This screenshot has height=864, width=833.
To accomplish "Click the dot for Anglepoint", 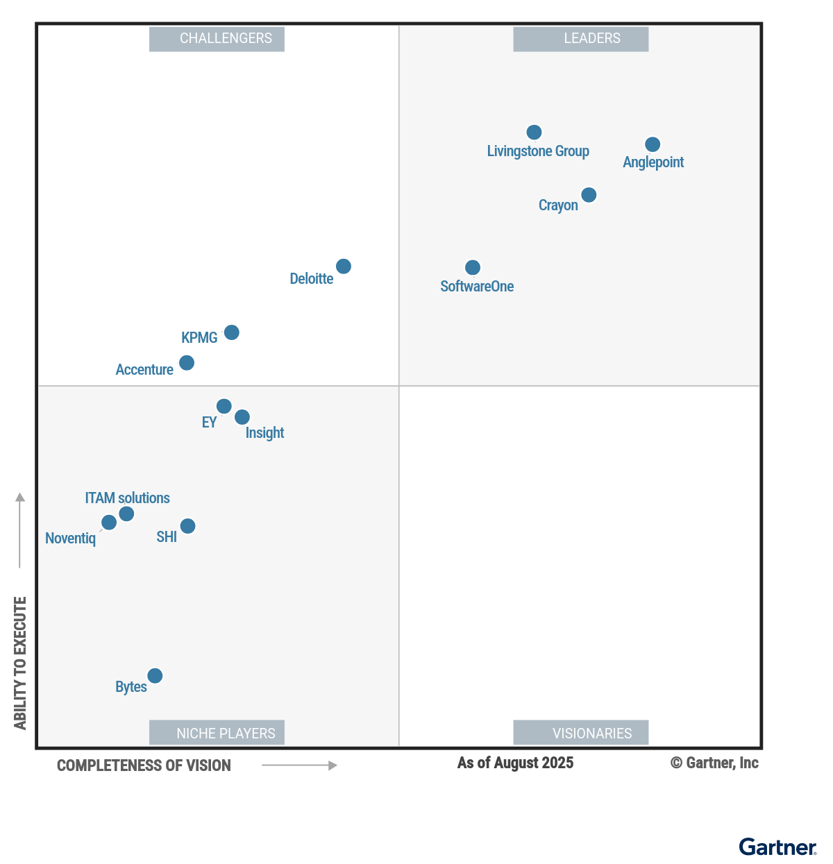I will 653,144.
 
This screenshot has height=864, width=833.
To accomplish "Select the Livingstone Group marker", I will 534,132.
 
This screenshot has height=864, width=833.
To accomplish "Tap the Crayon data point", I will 589,195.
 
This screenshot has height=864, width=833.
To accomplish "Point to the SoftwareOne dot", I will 473,267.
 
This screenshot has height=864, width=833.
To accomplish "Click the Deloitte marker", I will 344,266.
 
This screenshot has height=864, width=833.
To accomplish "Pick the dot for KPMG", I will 232,332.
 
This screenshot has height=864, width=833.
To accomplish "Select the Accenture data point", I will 187,363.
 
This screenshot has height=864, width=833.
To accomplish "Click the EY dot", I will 224,406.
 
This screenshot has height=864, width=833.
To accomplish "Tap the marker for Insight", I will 242,417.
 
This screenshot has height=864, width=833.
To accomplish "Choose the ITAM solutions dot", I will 126,514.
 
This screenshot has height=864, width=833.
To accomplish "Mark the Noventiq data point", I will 109,523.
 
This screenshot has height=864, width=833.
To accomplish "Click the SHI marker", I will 187,526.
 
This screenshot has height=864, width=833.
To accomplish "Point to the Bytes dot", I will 155,676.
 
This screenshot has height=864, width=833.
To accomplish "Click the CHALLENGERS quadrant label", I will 217,39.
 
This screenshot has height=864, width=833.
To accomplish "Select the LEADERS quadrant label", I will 580,39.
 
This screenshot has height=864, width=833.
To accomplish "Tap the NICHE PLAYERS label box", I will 217,733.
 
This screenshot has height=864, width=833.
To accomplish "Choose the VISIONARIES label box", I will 580,733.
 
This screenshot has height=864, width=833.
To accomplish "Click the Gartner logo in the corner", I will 777,847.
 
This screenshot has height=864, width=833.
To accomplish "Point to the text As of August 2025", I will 515,763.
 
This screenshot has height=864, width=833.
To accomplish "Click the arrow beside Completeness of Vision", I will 299,765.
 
